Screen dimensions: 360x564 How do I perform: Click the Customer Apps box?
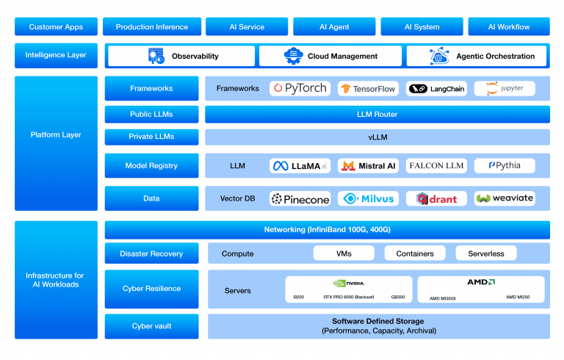56,27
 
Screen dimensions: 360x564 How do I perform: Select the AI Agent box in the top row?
334,27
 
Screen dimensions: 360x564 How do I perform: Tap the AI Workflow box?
508,27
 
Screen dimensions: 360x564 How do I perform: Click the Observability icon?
156,56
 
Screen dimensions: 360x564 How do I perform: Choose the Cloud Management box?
330,56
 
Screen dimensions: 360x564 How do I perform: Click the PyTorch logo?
300,88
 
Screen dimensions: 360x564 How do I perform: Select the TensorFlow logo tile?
367,89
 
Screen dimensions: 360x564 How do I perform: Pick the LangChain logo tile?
436,89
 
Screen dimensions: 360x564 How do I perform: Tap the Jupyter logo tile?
505,89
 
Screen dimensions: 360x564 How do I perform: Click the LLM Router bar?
377,115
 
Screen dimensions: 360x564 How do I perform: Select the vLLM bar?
377,137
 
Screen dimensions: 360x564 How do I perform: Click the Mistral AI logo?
367,166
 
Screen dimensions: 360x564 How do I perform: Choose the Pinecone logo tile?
300,198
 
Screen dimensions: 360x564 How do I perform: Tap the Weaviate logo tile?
505,198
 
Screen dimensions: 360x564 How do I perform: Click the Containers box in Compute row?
415,253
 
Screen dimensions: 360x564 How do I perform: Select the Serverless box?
485,253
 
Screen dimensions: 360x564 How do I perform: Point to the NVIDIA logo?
348,283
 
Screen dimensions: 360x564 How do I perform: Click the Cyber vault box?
152,325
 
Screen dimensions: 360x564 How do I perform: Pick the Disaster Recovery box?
152,253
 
